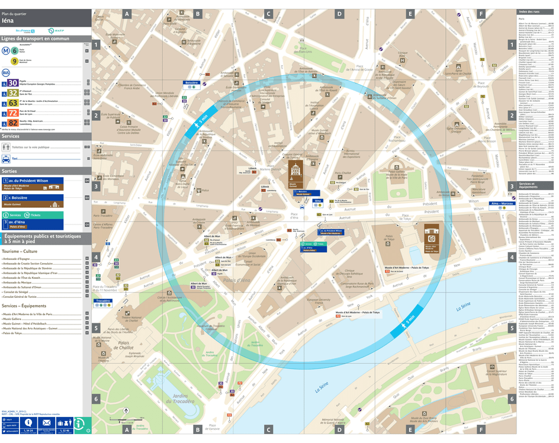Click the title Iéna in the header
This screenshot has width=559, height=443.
pyautogui.click(x=8, y=20)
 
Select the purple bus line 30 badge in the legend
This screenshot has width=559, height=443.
pyautogui.click(x=12, y=83)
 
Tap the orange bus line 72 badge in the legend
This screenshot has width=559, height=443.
pyautogui.click(x=12, y=113)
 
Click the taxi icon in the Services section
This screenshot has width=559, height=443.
pyautogui.click(x=6, y=159)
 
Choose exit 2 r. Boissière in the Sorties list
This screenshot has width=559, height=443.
pyautogui.click(x=24, y=197)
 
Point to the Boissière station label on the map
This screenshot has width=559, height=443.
pyautogui.click(x=191, y=83)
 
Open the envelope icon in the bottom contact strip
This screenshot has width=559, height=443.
pyautogui.click(x=46, y=422)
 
